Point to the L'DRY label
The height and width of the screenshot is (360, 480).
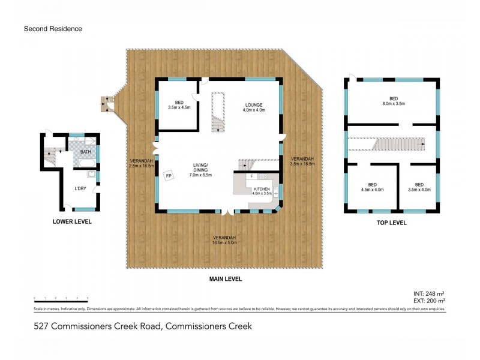79,189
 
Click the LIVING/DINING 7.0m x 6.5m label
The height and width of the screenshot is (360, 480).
200,169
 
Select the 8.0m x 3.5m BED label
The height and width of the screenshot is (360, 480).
393,101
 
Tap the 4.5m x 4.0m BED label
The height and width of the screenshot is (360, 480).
372,186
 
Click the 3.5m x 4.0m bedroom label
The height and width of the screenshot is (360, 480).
419,186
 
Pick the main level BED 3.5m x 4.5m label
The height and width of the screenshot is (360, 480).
179,105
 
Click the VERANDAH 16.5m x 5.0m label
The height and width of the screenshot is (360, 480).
224,241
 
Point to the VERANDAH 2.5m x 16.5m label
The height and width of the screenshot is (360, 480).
142,163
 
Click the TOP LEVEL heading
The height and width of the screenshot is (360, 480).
392,223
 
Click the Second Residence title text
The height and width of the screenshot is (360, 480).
53,28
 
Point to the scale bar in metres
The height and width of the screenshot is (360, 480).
61,299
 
